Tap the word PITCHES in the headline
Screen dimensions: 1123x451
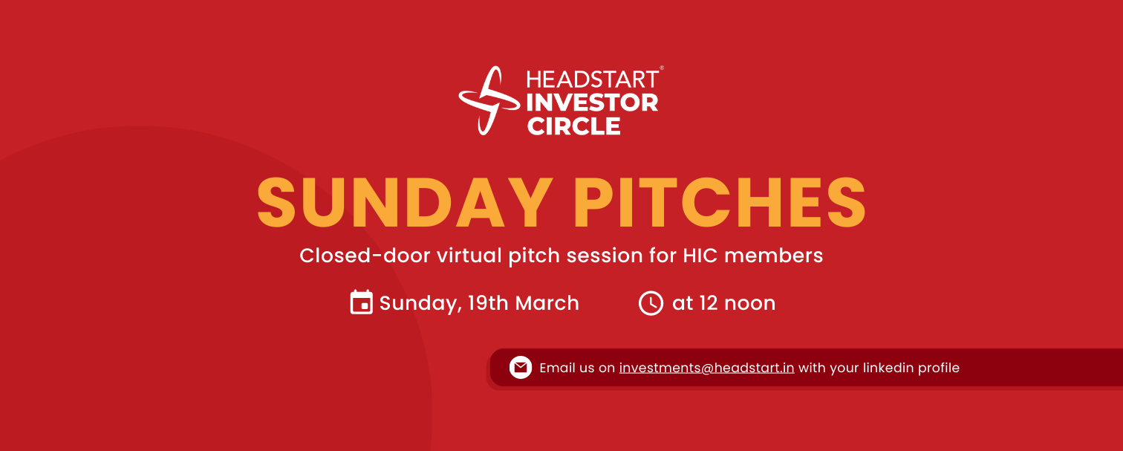[720, 203]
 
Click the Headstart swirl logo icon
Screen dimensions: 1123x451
[489, 100]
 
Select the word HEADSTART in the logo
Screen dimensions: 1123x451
[592, 80]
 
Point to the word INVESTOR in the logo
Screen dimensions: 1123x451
[592, 103]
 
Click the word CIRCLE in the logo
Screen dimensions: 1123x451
[573, 126]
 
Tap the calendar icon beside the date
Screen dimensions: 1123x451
[361, 302]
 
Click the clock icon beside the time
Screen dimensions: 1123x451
[651, 303]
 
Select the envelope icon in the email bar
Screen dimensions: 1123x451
[521, 368]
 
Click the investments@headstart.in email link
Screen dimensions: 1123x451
[706, 368]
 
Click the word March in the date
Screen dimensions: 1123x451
[547, 303]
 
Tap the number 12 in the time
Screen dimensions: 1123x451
[709, 303]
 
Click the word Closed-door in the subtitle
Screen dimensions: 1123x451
[365, 256]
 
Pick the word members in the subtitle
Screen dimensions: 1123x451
[774, 256]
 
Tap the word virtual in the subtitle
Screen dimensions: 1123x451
[469, 256]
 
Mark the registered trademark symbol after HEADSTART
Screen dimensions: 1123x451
[662, 68]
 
